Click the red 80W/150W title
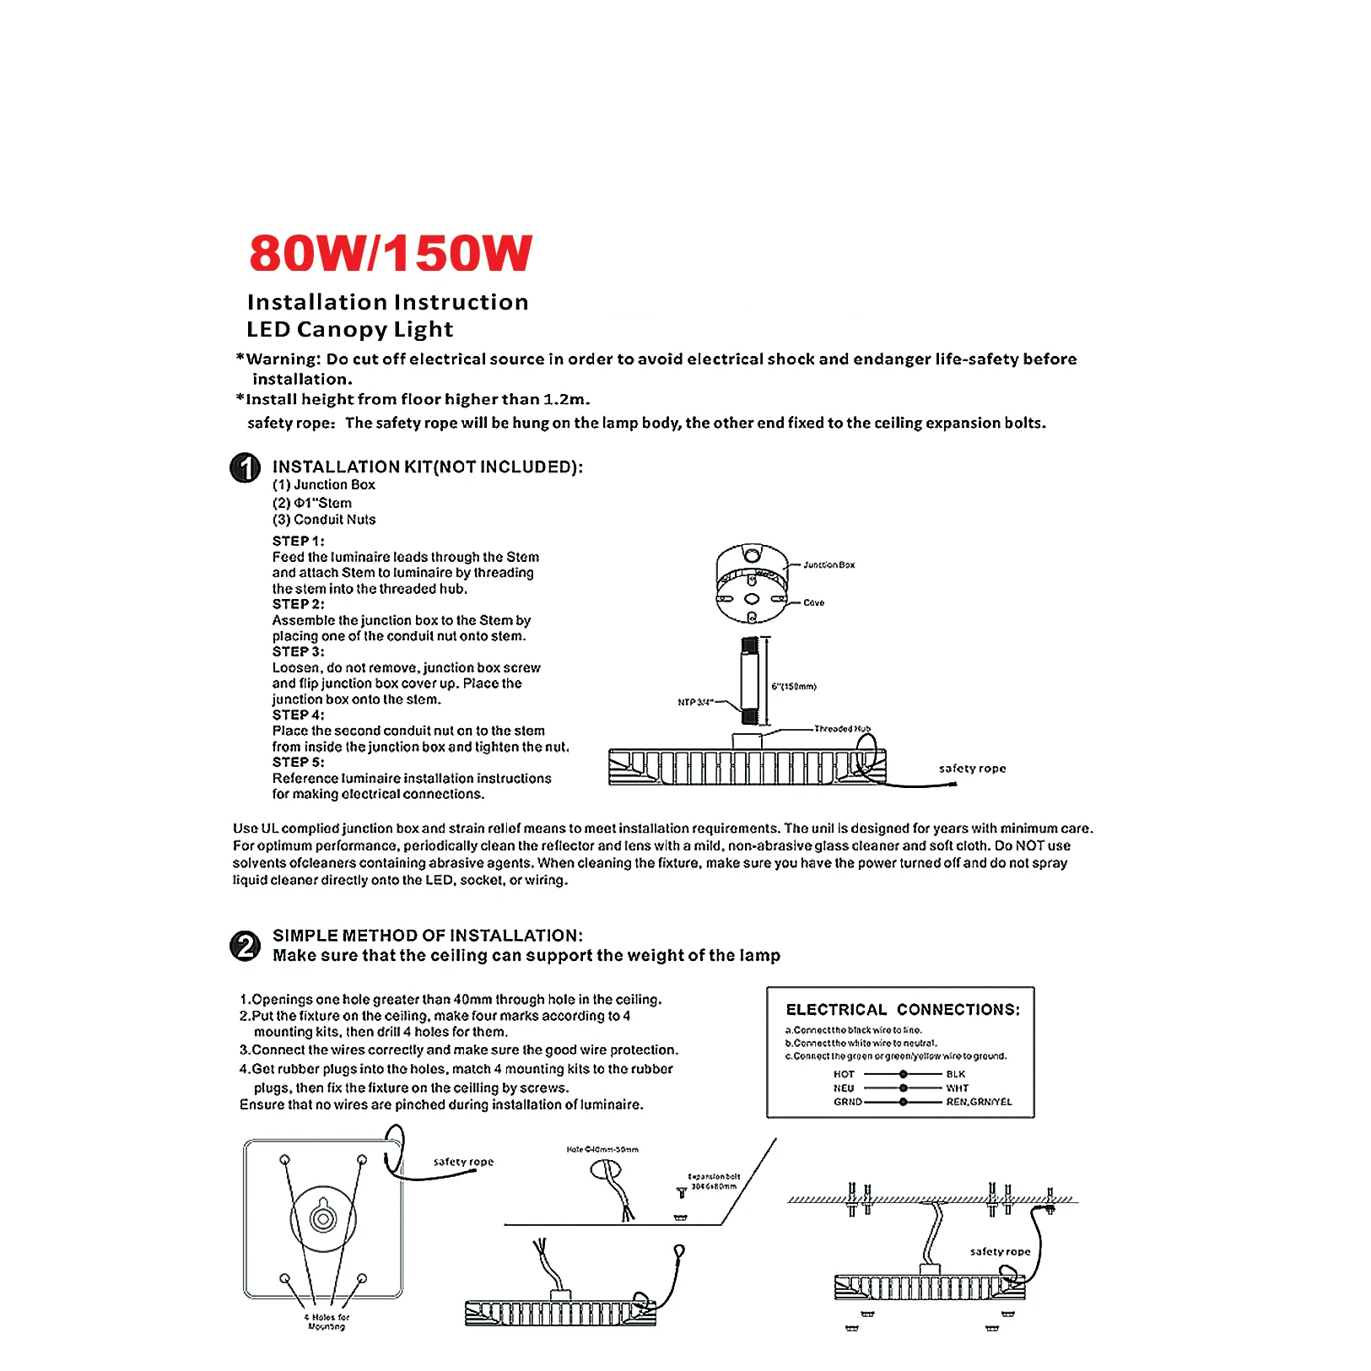[x=390, y=253]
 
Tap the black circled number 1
[x=246, y=467]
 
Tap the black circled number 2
[x=246, y=946]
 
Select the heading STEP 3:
[x=298, y=651]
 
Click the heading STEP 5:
[x=298, y=762]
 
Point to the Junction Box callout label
[x=829, y=564]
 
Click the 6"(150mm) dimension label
[x=794, y=686]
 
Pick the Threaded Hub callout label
[x=842, y=728]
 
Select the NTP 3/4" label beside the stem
[x=695, y=702]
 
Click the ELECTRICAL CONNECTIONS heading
[x=903, y=1009]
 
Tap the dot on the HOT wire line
[x=904, y=1074]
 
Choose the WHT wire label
[x=958, y=1088]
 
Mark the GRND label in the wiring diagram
[x=848, y=1102]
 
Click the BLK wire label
[x=956, y=1074]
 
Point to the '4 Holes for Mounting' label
[x=327, y=1321]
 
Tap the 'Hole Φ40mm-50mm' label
[x=602, y=1149]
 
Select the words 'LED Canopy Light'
[x=349, y=329]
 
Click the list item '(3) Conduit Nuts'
[x=324, y=520]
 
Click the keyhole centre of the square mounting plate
[x=323, y=1217]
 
